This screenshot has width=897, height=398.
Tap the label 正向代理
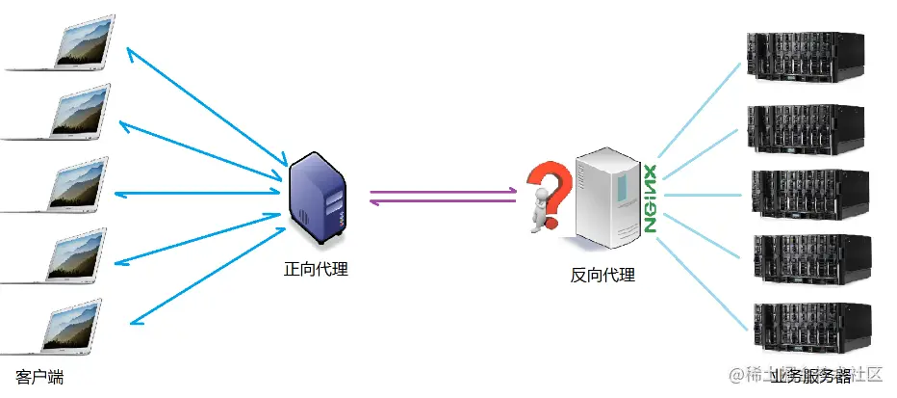316,269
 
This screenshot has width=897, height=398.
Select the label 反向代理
602,275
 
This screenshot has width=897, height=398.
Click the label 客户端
40,376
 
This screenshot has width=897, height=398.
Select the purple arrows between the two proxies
444,196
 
